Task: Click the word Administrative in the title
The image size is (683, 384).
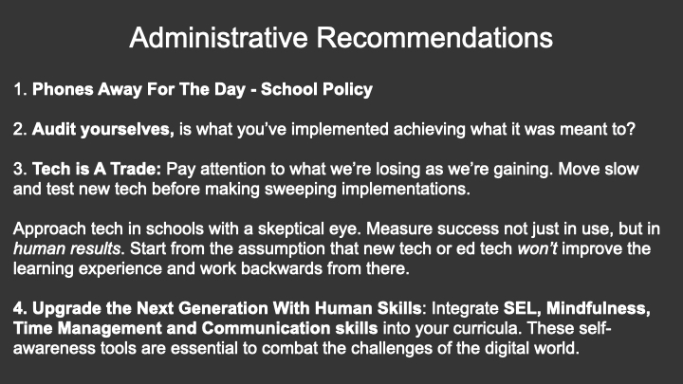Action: coord(219,37)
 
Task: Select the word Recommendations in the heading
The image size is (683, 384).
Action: coord(434,37)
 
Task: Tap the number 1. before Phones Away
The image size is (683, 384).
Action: coord(21,89)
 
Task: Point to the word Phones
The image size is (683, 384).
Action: coord(63,89)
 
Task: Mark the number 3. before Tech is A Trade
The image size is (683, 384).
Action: coord(21,169)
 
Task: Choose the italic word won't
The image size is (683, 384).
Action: coord(538,248)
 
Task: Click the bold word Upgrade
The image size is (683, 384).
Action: coord(66,309)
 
